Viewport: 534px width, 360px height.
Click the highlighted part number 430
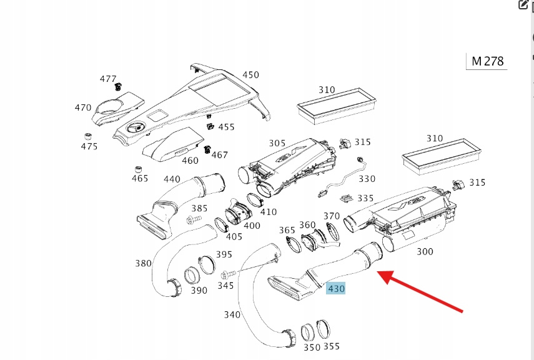point(336,289)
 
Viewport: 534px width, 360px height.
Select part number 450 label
point(250,75)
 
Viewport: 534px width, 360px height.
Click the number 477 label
point(108,79)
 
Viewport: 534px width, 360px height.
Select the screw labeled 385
point(191,220)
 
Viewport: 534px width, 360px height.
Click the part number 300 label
point(425,251)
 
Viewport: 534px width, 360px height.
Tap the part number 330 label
point(367,179)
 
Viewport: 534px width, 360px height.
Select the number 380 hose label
point(143,263)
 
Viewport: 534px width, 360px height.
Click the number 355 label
point(332,346)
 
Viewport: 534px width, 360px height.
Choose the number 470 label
point(83,107)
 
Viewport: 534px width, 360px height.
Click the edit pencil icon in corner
point(523,5)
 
